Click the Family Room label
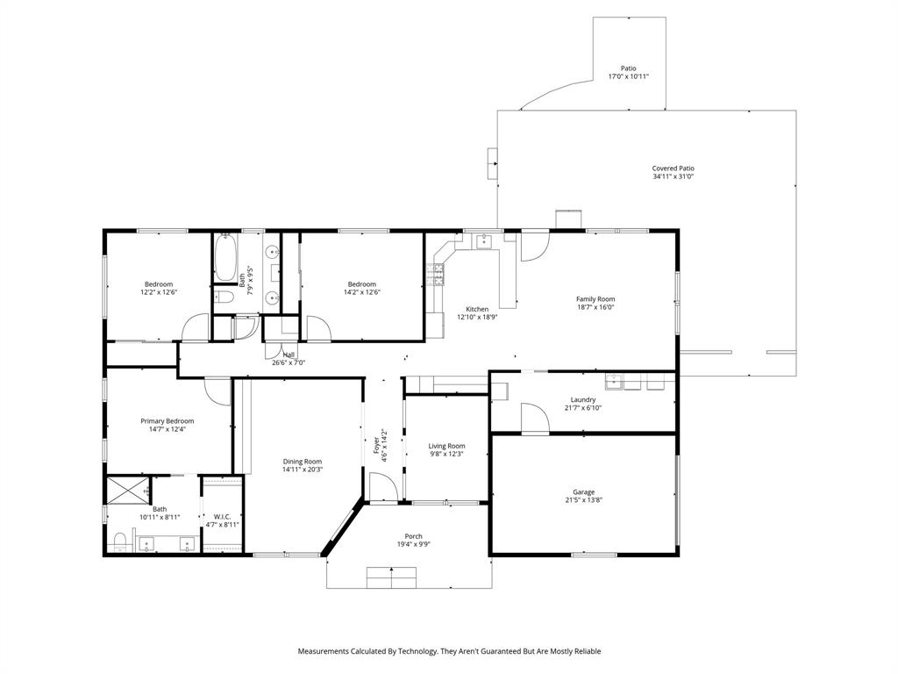coord(595,299)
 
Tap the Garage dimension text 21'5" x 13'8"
coord(583,500)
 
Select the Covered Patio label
coord(673,168)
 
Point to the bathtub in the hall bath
coord(225,257)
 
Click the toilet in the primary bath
coord(120,540)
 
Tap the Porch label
coord(413,536)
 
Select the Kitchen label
coord(477,309)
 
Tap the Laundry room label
coord(583,399)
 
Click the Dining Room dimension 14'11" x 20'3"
coord(302,470)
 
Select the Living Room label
coord(446,446)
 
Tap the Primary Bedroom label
coord(167,421)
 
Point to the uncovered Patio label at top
coord(628,68)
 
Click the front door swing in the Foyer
coord(380,487)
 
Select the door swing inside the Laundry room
coord(534,417)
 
